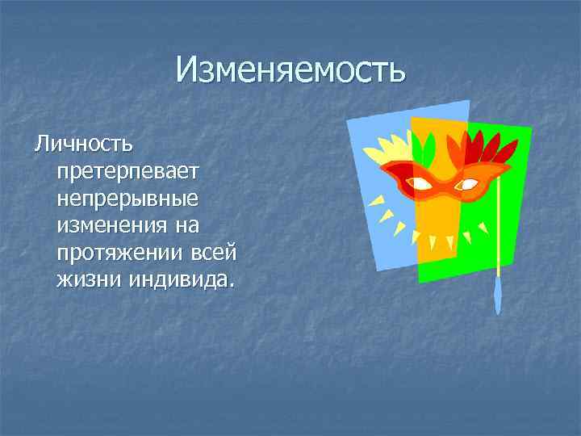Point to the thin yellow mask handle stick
coord(500,234)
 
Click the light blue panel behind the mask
coord(379,226)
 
